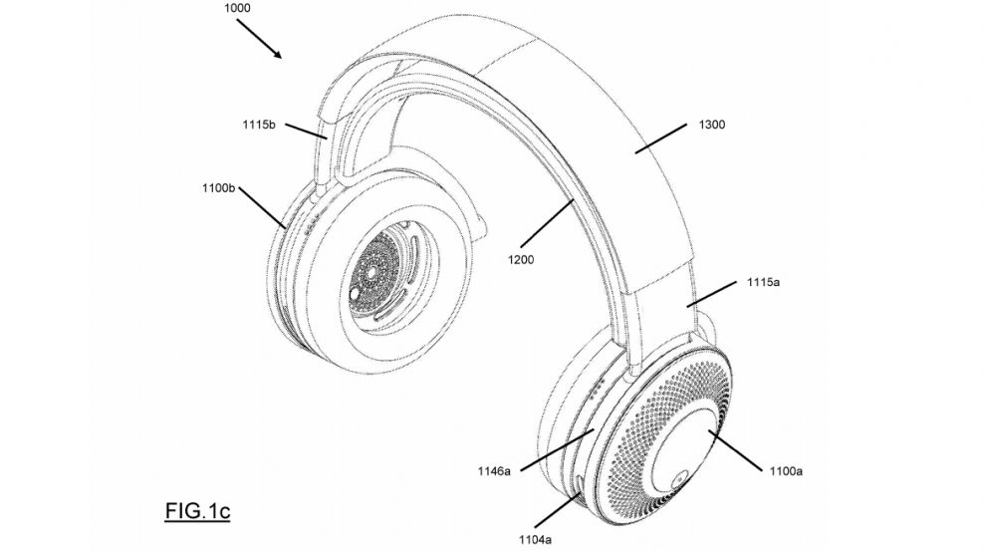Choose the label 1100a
point(783,467)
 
